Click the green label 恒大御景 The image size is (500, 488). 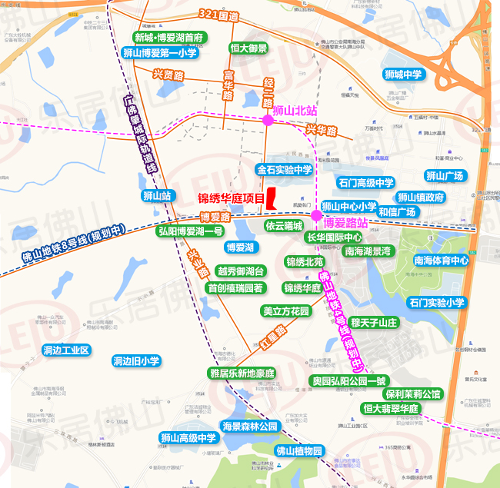[248, 48]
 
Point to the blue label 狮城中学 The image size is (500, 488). [403, 75]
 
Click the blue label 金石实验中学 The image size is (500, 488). [285, 170]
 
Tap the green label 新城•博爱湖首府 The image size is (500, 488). [168, 38]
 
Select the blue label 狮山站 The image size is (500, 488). [156, 196]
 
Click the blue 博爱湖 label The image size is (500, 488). [239, 247]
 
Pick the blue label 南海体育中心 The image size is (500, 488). [441, 261]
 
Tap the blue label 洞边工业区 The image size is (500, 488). [67, 350]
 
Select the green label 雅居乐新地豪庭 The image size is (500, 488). [242, 373]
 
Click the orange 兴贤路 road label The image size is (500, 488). [168, 75]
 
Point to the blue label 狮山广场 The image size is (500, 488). [445, 176]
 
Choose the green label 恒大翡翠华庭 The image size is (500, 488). [391, 408]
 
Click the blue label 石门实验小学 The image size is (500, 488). [438, 303]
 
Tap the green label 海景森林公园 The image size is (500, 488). [249, 427]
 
